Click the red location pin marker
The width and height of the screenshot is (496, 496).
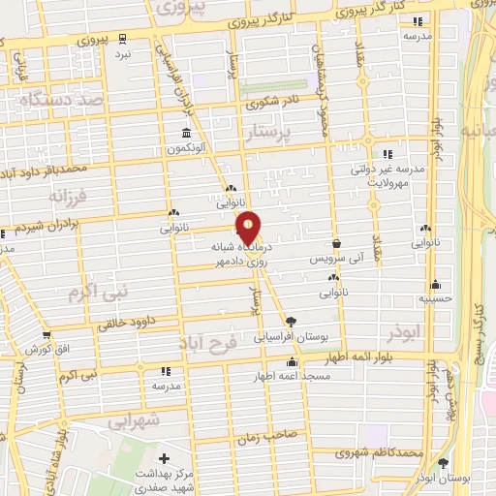click(x=249, y=227)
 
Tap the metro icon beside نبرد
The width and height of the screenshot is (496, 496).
click(x=121, y=40)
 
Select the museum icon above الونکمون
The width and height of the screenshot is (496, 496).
click(x=185, y=133)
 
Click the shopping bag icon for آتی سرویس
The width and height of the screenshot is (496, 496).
click(x=336, y=244)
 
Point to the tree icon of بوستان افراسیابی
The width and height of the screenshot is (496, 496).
click(x=291, y=322)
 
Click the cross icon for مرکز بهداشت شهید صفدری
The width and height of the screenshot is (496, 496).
click(x=164, y=458)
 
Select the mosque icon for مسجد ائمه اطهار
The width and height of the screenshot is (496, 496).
click(x=291, y=362)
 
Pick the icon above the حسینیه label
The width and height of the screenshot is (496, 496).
click(x=436, y=285)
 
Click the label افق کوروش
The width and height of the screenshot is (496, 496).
click(x=46, y=348)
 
